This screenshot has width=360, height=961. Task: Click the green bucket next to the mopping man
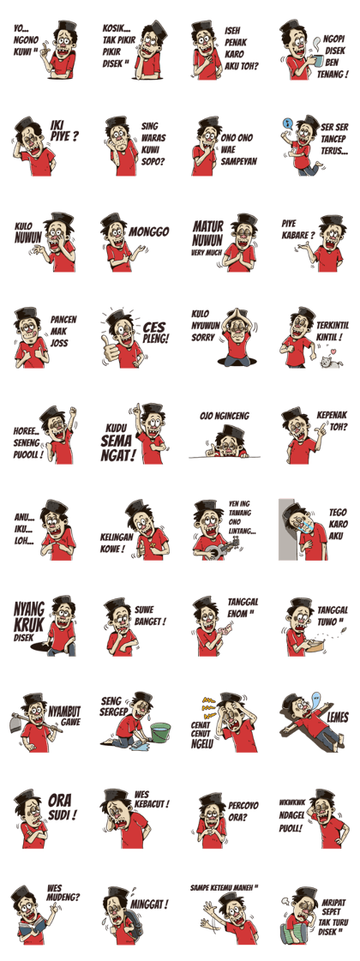click(x=160, y=732)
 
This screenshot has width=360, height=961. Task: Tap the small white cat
click(x=325, y=363)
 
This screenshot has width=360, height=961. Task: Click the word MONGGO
click(x=150, y=232)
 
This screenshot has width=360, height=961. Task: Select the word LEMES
click(x=338, y=717)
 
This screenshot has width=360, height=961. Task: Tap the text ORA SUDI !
click(x=63, y=808)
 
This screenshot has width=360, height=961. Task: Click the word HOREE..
click(x=27, y=431)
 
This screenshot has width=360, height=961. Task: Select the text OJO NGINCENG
click(x=224, y=416)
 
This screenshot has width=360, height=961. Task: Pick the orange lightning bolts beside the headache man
click(x=208, y=707)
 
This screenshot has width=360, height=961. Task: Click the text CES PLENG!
click(x=155, y=332)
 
